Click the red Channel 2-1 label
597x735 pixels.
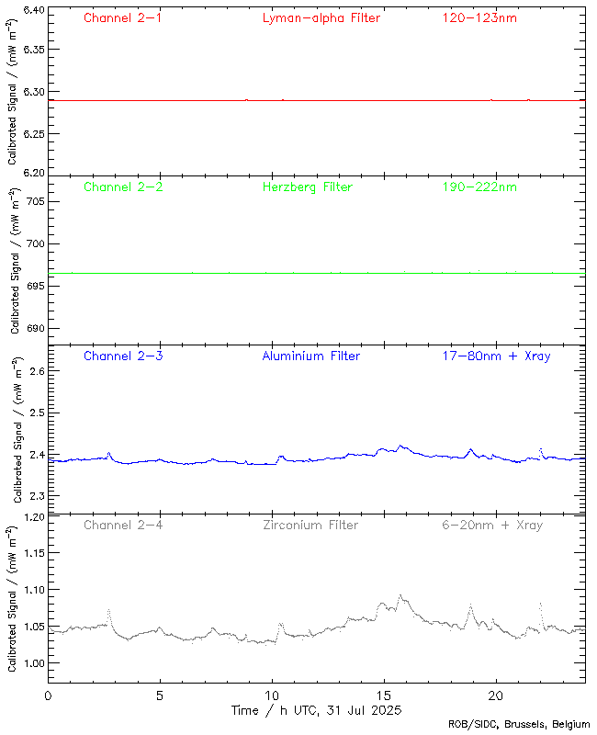coord(122,17)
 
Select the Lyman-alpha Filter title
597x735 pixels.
coord(321,17)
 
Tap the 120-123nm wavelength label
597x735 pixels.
coord(478,17)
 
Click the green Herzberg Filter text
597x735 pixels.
coord(307,187)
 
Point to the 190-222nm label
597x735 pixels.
coord(478,187)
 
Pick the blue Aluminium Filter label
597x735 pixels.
coord(310,356)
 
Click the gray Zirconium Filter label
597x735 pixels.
coord(310,525)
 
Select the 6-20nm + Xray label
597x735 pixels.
coord(491,525)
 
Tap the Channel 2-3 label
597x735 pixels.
coord(122,356)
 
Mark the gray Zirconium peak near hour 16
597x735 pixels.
coord(400,595)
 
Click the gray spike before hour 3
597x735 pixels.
coord(108,609)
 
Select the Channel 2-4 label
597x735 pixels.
coord(122,525)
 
